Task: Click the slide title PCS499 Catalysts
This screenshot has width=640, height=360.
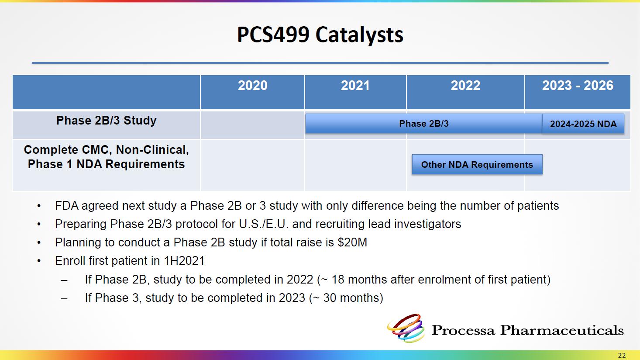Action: click(x=320, y=35)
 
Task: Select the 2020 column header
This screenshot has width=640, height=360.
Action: click(x=253, y=86)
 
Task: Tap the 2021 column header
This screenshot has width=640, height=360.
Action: click(x=355, y=86)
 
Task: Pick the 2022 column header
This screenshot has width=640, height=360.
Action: click(x=465, y=86)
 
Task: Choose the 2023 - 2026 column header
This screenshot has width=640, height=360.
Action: click(x=578, y=86)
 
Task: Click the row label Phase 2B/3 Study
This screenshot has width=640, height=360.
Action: click(x=106, y=121)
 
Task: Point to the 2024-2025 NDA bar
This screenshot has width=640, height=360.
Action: click(x=583, y=124)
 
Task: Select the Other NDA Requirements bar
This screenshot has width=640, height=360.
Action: click(x=477, y=164)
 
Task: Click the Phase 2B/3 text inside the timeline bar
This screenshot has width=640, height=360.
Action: click(x=424, y=124)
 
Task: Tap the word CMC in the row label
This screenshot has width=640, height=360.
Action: click(x=96, y=150)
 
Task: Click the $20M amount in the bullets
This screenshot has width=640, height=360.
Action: click(x=352, y=242)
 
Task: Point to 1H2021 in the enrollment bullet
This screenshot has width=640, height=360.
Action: click(x=184, y=261)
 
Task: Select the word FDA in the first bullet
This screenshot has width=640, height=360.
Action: click(x=66, y=206)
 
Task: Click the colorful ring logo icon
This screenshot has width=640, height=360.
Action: click(x=406, y=328)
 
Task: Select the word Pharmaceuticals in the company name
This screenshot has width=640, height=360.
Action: click(x=562, y=330)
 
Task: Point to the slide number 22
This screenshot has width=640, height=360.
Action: click(x=622, y=356)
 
